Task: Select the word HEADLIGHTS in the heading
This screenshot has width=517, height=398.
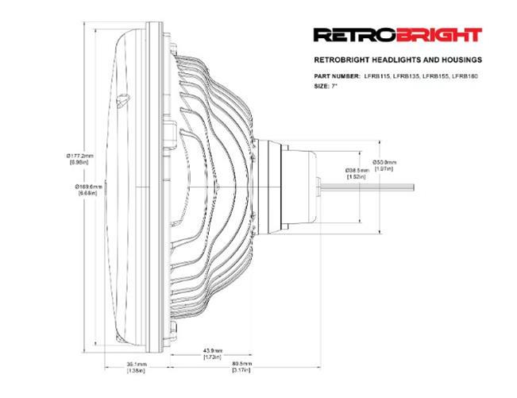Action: tap(392, 60)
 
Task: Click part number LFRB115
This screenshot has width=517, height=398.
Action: tap(377, 75)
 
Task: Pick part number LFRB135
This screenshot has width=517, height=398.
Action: tap(407, 75)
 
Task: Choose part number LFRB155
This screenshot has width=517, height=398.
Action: tap(438, 75)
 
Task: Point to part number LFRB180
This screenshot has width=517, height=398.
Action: tap(468, 75)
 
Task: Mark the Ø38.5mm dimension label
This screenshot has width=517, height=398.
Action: tap(357, 170)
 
